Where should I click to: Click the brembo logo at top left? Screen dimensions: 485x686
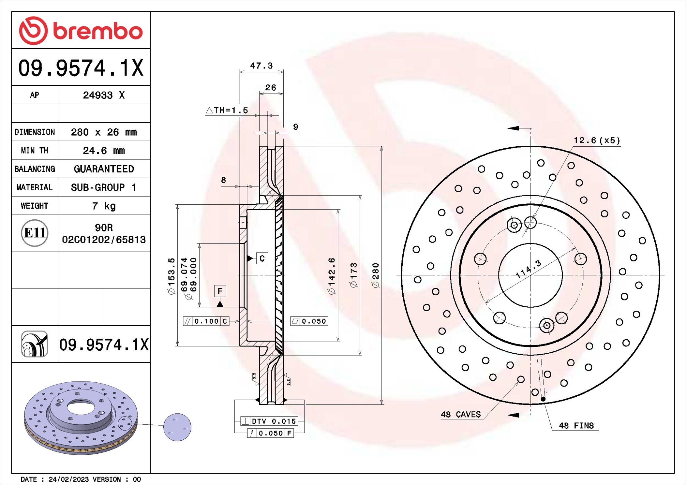tap(81, 31)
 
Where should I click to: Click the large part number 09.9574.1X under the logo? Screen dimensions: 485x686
tap(81, 68)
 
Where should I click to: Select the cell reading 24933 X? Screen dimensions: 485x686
tap(104, 95)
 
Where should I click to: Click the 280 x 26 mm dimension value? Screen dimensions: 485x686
tap(104, 132)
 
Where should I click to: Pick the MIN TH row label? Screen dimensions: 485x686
tap(35, 151)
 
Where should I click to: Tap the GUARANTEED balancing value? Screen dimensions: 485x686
tap(104, 169)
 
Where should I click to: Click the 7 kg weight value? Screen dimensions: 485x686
tap(104, 206)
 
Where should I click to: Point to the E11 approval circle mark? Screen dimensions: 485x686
tap(35, 233)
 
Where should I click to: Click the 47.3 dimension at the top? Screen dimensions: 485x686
tap(261, 66)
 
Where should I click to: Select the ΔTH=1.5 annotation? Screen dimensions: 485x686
tap(227, 110)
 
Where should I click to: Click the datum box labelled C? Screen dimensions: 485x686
tap(262, 258)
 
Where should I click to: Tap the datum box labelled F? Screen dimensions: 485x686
tap(220, 291)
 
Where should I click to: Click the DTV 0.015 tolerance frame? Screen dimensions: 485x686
tap(269, 421)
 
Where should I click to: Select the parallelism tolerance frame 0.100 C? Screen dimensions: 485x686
tap(206, 321)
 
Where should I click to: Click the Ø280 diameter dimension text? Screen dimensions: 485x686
tap(376, 275)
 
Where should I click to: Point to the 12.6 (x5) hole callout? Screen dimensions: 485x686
tap(596, 140)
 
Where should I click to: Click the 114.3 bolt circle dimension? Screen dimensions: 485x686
tap(528, 269)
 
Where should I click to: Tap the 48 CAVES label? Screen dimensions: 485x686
tap(460, 415)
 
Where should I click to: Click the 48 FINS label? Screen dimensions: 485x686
tap(576, 426)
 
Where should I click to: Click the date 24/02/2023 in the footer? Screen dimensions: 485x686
tap(68, 479)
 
